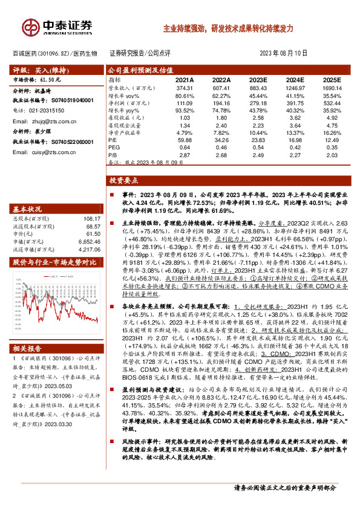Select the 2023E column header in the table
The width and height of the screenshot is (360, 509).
[258, 80]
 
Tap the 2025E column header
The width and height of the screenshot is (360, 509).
[332, 80]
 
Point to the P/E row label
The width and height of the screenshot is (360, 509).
[113, 140]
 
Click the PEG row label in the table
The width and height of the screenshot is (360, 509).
[114, 148]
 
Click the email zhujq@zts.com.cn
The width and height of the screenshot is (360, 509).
[45, 121]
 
